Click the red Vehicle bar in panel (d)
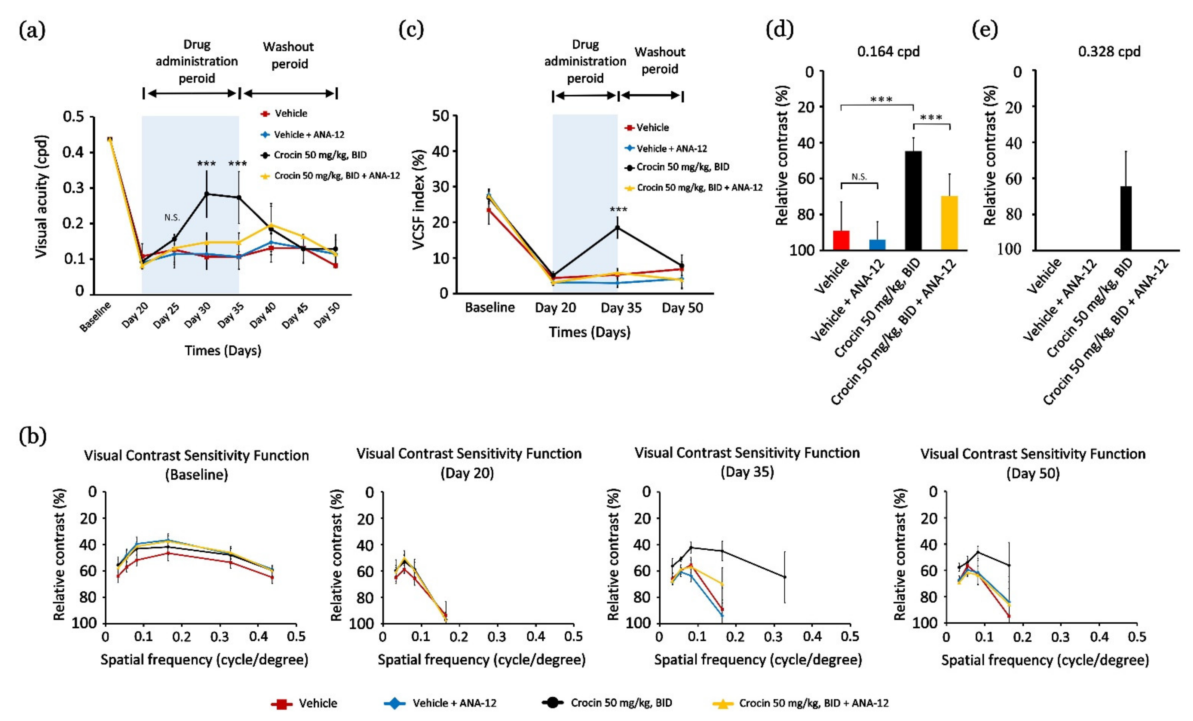point(841,240)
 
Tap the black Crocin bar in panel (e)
point(1126,218)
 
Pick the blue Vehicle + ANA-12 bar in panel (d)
point(877,244)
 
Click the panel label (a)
point(32,30)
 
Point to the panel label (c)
point(411,30)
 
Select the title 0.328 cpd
point(1109,51)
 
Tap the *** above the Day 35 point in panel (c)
point(618,210)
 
